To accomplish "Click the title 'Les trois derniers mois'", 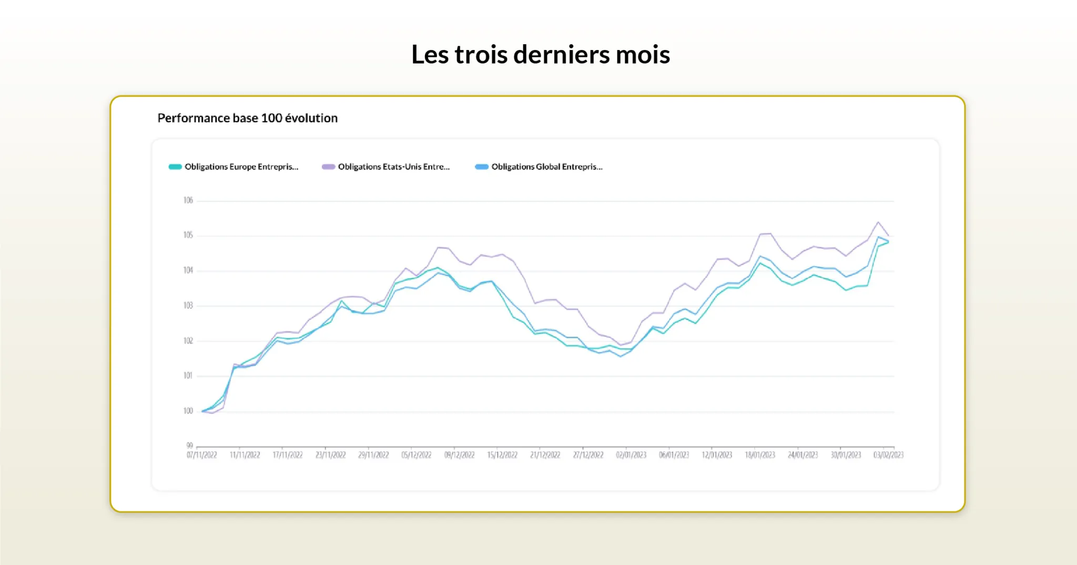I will pyautogui.click(x=541, y=55).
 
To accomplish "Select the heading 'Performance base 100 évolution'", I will pyautogui.click(x=247, y=118).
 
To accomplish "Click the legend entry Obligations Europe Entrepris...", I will pyautogui.click(x=241, y=167).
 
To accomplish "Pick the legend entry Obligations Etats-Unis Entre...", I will pyautogui.click(x=394, y=167).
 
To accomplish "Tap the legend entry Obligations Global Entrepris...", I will pyautogui.click(x=547, y=167).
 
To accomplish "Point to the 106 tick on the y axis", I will pyautogui.click(x=188, y=200).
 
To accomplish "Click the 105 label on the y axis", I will pyautogui.click(x=188, y=235).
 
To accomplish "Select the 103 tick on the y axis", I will pyautogui.click(x=188, y=306).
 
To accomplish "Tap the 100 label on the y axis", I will pyautogui.click(x=188, y=411).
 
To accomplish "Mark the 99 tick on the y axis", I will pyautogui.click(x=190, y=445).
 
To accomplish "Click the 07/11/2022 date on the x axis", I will pyautogui.click(x=202, y=455).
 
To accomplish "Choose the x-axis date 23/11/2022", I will pyautogui.click(x=331, y=455).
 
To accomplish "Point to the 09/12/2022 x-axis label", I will pyautogui.click(x=460, y=455).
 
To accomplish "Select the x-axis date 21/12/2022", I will pyautogui.click(x=545, y=455).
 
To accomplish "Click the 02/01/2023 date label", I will pyautogui.click(x=631, y=455).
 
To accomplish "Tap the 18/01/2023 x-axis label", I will pyautogui.click(x=760, y=455).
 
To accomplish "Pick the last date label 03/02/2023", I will pyautogui.click(x=888, y=455).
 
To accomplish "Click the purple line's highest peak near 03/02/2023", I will pyautogui.click(x=878, y=222).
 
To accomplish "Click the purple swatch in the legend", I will pyautogui.click(x=329, y=167).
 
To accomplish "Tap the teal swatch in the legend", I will pyautogui.click(x=175, y=167).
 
